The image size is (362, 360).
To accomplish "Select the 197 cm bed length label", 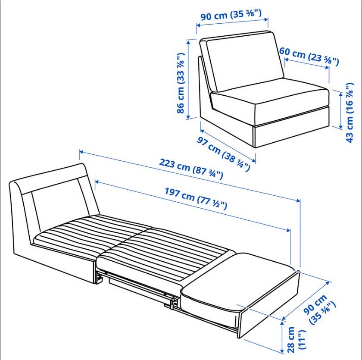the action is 196,198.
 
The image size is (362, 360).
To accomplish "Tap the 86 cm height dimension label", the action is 181,83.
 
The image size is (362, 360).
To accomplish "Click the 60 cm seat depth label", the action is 309,56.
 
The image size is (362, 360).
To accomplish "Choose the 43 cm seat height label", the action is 350,113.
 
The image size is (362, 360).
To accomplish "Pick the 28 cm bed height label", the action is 296,339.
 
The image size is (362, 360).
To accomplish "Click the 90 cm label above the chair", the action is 231,15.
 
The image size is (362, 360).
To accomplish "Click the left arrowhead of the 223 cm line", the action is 81,152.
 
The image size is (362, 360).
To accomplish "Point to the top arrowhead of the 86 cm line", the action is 189,42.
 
